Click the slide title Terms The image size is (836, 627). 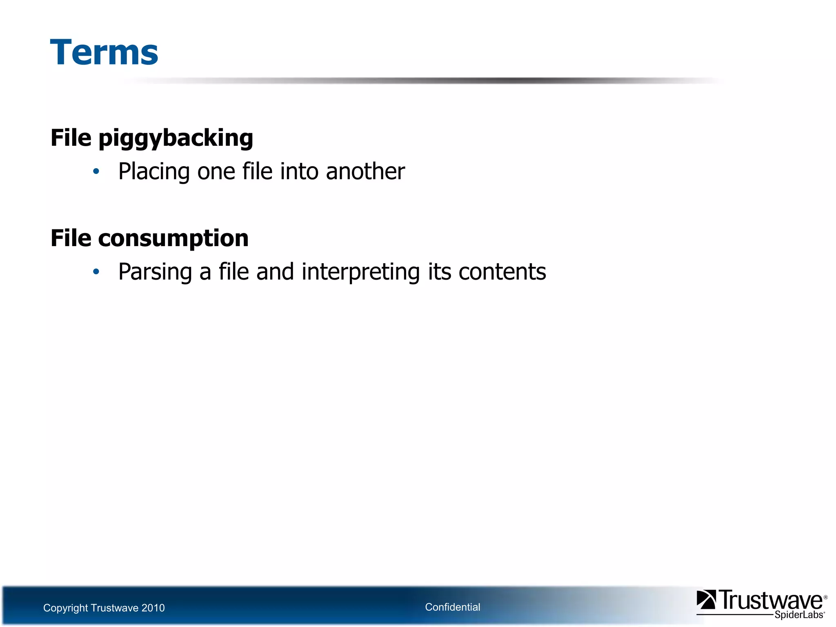104,52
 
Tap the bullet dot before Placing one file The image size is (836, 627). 96,171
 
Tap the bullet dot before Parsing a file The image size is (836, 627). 96,271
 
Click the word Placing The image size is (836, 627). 154,171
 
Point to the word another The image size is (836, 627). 365,171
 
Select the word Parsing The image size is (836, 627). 155,272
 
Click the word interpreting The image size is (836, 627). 361,272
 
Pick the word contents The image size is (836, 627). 502,272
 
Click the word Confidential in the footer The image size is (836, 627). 452,607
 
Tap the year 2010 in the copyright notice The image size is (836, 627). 153,608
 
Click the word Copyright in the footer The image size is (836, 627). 65,608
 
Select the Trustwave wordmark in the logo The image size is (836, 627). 771,600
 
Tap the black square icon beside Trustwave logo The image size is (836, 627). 706,600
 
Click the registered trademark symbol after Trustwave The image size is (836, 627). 825,597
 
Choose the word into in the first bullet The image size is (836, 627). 299,171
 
